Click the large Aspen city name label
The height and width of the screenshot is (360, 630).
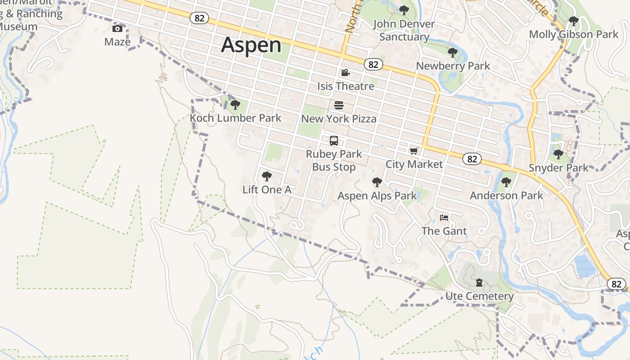(x=251, y=45)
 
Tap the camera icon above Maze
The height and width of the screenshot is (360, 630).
(x=117, y=29)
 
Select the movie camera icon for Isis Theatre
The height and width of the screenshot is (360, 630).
(x=345, y=73)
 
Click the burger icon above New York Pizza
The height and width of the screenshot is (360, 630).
(x=339, y=105)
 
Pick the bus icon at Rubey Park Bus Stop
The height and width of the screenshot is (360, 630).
(x=333, y=141)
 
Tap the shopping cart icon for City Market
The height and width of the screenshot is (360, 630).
(x=414, y=151)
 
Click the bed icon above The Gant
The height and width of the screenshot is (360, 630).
(x=444, y=218)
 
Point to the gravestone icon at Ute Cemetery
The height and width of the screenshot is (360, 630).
(x=479, y=283)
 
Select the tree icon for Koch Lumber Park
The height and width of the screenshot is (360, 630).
(x=235, y=105)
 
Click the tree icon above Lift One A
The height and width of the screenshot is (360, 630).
(x=266, y=176)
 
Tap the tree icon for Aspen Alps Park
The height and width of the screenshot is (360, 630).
(x=377, y=182)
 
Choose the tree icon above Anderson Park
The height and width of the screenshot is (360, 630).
(x=506, y=182)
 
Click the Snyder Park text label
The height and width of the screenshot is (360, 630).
(x=558, y=168)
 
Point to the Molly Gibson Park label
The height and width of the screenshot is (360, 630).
(x=574, y=34)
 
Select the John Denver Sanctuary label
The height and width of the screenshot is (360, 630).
(x=404, y=30)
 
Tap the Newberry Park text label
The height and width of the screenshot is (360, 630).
(x=453, y=66)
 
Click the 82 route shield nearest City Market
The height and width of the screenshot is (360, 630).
(x=472, y=159)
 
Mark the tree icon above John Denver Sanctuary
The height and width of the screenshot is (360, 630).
(x=404, y=10)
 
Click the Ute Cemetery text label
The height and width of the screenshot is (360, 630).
(x=479, y=296)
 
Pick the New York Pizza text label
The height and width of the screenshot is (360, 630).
(x=339, y=119)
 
